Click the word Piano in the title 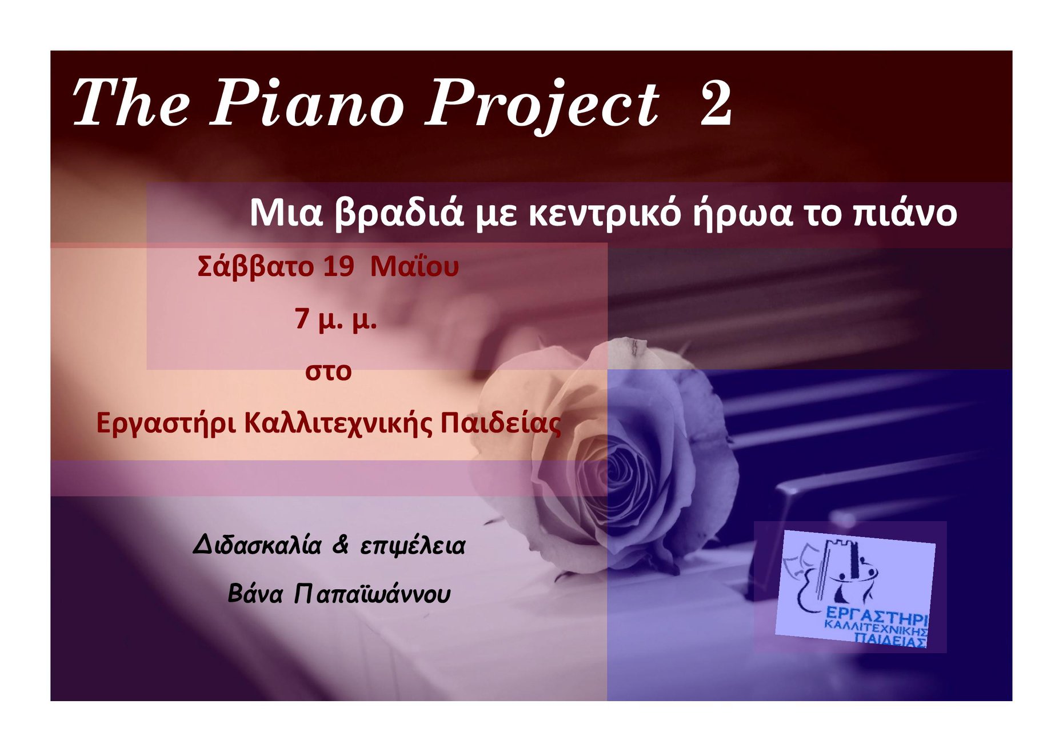[307, 104]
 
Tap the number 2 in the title [716, 103]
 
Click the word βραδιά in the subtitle [398, 214]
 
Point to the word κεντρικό [605, 214]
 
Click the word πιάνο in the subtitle [904, 214]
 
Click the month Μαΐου [414, 267]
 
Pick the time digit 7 [302, 318]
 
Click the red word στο [328, 371]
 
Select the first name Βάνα [255, 594]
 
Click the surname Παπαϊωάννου [372, 594]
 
